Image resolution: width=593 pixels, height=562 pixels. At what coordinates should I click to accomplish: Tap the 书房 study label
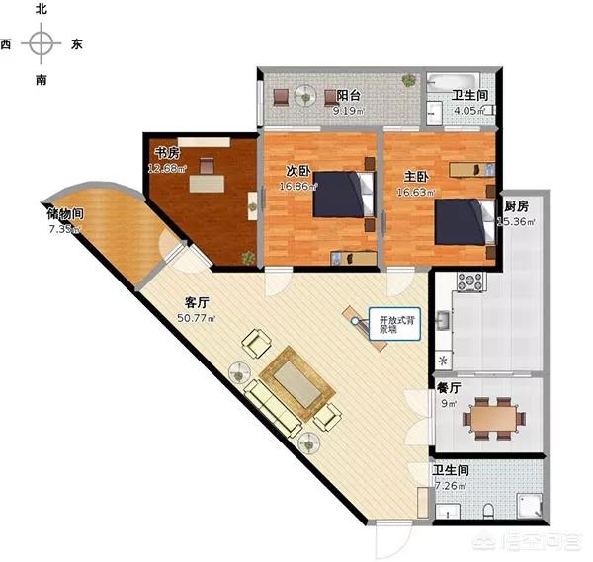click(x=166, y=153)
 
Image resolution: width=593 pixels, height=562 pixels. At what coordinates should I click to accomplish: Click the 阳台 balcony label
click(x=347, y=96)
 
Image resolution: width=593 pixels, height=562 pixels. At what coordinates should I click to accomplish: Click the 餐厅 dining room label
click(x=449, y=388)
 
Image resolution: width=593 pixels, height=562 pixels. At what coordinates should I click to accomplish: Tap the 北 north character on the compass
click(x=41, y=9)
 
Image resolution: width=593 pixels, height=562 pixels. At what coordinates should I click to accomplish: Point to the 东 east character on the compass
click(x=77, y=44)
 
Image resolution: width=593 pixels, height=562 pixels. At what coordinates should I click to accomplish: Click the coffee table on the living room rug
click(x=299, y=383)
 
